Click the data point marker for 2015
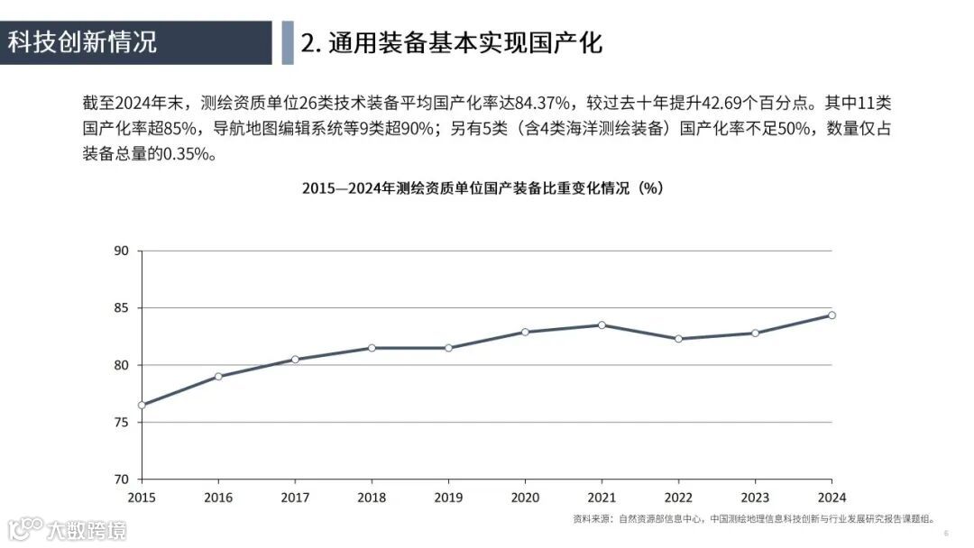(142, 405)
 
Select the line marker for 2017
(295, 360)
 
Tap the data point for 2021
(602, 324)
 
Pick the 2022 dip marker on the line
(678, 339)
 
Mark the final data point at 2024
(832, 315)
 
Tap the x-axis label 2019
(448, 497)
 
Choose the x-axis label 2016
(218, 497)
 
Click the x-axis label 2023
(755, 497)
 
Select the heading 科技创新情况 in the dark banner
(83, 42)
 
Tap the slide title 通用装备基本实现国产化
(451, 42)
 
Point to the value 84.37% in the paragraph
(542, 105)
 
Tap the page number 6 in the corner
(946, 534)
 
